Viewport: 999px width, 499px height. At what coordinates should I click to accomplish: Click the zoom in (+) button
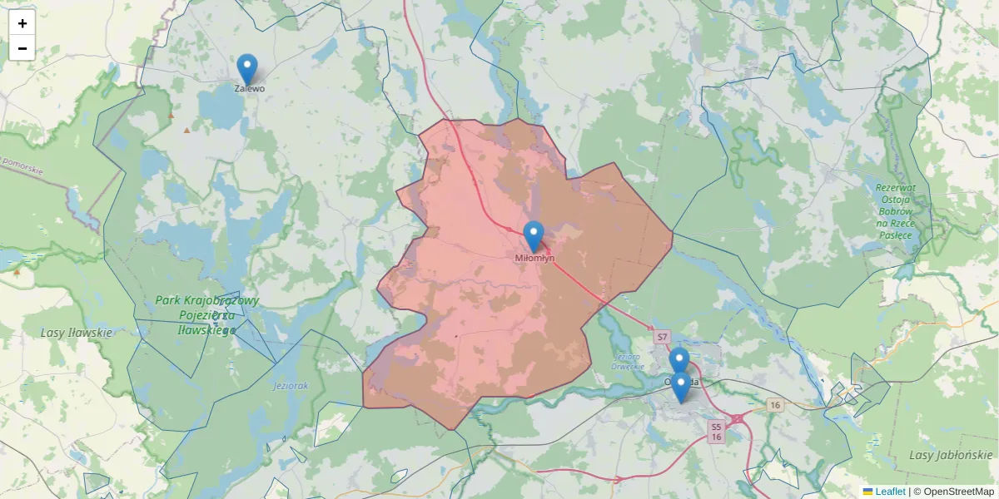tap(22, 23)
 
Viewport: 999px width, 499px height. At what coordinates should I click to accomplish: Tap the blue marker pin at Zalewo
tap(247, 68)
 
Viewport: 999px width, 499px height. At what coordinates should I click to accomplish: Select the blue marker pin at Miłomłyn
tap(534, 235)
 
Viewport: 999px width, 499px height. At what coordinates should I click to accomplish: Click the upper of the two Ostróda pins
tap(679, 361)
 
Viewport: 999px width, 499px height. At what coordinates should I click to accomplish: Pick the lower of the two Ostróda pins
tap(681, 386)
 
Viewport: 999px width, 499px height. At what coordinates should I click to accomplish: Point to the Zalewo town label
tap(250, 88)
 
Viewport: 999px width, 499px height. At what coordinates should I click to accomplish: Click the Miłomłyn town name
tap(534, 258)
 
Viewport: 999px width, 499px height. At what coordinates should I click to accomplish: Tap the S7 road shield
tap(662, 337)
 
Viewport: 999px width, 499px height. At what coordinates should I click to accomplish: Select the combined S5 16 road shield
tap(716, 431)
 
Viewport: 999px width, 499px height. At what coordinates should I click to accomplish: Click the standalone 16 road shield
tap(775, 405)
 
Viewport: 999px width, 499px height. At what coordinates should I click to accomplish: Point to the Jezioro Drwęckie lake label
tap(629, 361)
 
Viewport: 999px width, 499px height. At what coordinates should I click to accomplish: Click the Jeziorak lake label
tap(291, 387)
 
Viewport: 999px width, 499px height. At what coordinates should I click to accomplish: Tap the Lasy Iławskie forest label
tap(76, 333)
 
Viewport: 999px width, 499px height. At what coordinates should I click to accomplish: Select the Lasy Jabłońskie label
tap(951, 455)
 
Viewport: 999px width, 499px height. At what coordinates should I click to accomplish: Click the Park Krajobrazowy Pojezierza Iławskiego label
tap(207, 315)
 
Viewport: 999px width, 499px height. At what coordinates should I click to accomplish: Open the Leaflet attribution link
tap(889, 492)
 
